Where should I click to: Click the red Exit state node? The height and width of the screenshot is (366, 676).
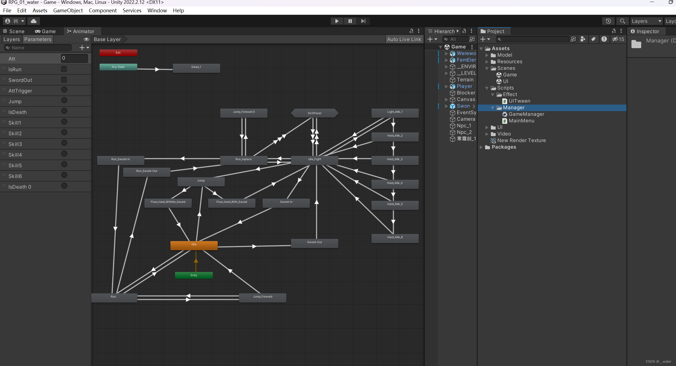pyautogui.click(x=118, y=53)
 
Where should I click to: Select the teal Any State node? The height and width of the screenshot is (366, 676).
pyautogui.click(x=118, y=67)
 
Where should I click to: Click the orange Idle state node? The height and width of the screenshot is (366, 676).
pyautogui.click(x=194, y=245)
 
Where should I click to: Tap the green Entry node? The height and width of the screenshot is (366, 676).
pyautogui.click(x=194, y=275)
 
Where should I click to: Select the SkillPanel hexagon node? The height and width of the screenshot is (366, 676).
pyautogui.click(x=315, y=113)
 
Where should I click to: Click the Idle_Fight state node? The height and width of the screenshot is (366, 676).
pyautogui.click(x=315, y=160)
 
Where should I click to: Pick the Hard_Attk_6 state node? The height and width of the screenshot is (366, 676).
pyautogui.click(x=395, y=238)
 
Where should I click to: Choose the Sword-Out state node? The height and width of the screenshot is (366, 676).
pyautogui.click(x=315, y=243)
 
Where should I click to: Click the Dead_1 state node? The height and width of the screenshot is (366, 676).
pyautogui.click(x=196, y=68)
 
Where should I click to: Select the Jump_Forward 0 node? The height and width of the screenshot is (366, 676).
pyautogui.click(x=244, y=113)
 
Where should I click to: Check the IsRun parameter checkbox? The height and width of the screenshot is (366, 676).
pyautogui.click(x=64, y=69)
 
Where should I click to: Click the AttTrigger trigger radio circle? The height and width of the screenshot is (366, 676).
pyautogui.click(x=64, y=90)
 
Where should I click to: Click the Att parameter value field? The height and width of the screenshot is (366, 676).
pyautogui.click(x=74, y=58)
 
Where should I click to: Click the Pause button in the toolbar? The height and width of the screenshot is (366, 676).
pyautogui.click(x=350, y=21)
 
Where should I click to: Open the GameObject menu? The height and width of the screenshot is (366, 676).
pyautogui.click(x=68, y=10)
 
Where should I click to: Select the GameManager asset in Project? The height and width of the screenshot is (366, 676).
pyautogui.click(x=526, y=114)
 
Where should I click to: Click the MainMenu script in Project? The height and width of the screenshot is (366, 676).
pyautogui.click(x=521, y=121)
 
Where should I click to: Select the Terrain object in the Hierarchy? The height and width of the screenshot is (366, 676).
pyautogui.click(x=465, y=80)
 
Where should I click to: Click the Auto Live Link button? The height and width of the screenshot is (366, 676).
pyautogui.click(x=404, y=39)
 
